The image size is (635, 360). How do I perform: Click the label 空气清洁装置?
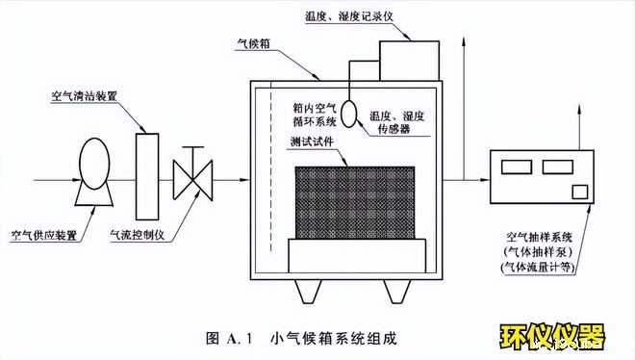tap(84, 97)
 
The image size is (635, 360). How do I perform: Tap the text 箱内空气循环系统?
tap(313, 116)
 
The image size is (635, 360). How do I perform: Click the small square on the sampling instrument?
tap(579, 191)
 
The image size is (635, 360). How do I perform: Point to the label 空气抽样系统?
tap(545, 236)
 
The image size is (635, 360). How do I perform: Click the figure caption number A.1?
tap(238, 338)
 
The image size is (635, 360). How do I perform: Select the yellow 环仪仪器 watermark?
tap(552, 337)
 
